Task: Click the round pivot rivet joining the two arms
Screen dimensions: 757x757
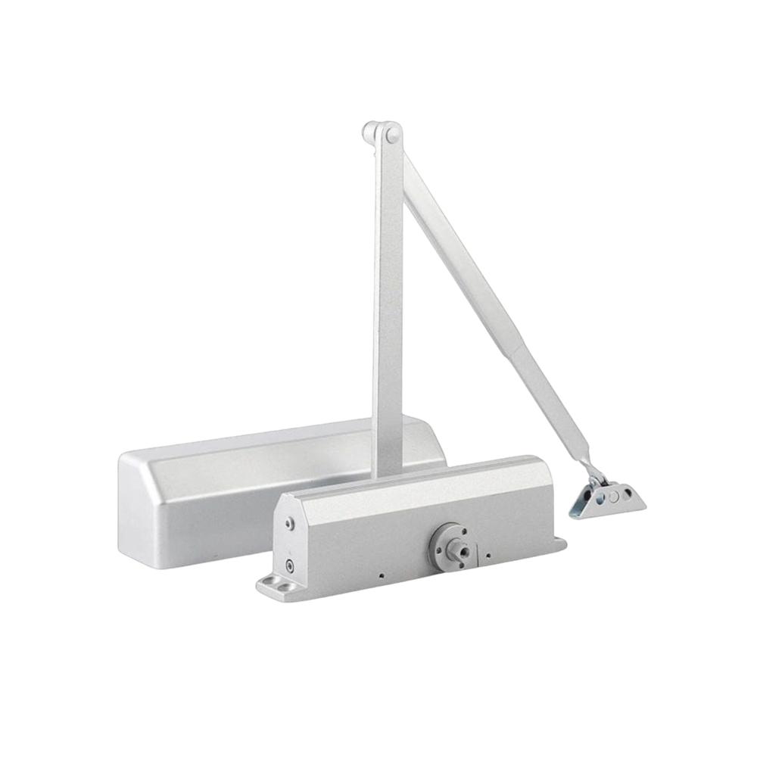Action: click(392, 135)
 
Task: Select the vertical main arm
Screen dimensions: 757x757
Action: click(388, 303)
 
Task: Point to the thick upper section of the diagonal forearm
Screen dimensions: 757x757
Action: click(462, 257)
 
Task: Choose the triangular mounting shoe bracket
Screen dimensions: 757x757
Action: click(609, 500)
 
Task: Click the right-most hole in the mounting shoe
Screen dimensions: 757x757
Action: click(628, 493)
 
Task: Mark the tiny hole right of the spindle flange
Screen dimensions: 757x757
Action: click(488, 556)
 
